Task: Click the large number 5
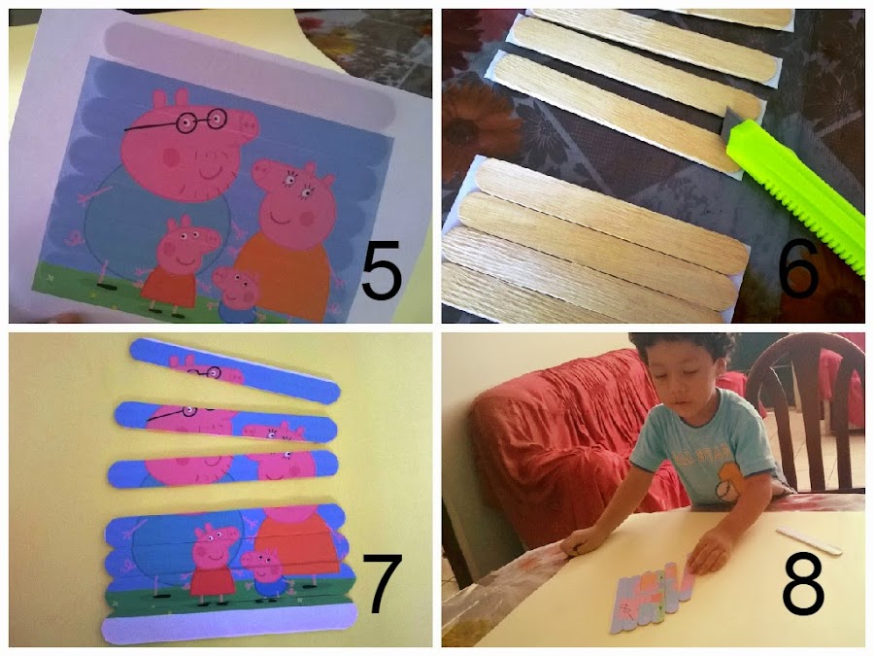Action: tap(382, 269)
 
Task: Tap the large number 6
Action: tap(798, 268)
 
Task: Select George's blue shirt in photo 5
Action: tap(237, 311)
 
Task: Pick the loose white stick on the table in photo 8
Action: tap(809, 540)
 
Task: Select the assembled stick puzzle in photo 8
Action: tap(653, 596)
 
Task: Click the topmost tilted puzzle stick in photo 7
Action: tap(235, 369)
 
